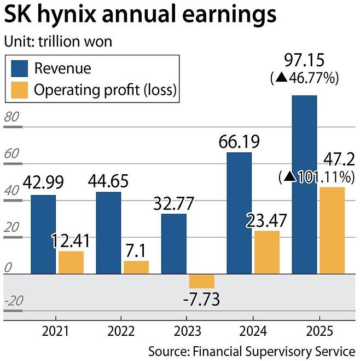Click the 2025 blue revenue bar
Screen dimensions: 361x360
pyautogui.click(x=305, y=184)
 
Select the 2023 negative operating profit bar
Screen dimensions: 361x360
pyautogui.click(x=202, y=280)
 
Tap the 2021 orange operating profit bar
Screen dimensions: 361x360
pyautogui.click(x=71, y=262)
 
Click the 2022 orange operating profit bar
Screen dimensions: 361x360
pyautogui.click(x=136, y=267)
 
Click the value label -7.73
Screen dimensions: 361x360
pyautogui.click(x=202, y=299)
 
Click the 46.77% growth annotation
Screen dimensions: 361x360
pyautogui.click(x=305, y=78)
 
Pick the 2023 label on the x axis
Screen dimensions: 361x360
pyautogui.click(x=188, y=331)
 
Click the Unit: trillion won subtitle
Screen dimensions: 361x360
pyautogui.click(x=57, y=42)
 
